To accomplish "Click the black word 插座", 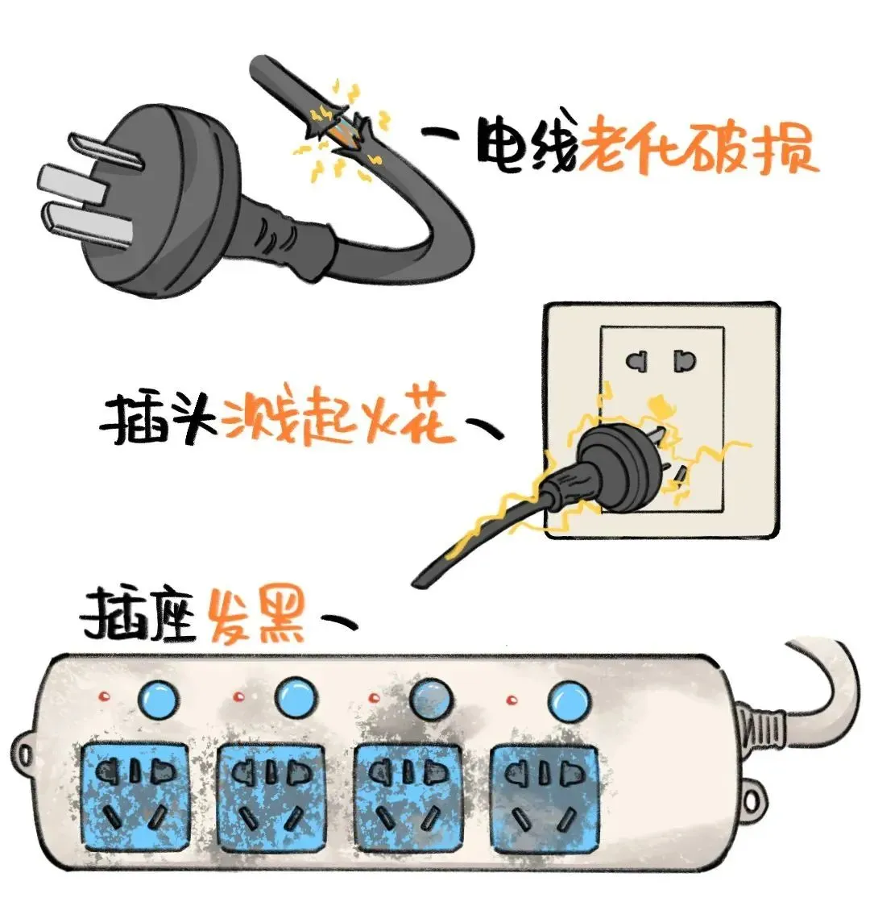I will (139, 617).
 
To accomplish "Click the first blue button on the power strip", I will (158, 699).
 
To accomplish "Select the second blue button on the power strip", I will (295, 698).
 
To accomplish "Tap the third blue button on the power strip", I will (430, 697).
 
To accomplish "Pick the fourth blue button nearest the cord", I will (566, 698).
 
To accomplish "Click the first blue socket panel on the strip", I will (135, 795).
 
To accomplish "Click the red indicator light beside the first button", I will (101, 696).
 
